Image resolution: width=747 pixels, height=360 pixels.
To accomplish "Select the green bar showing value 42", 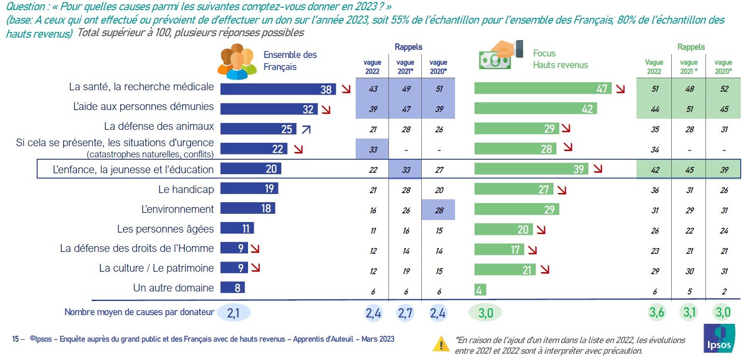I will click(x=535, y=109).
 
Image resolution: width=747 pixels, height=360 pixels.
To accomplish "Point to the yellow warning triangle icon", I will click(x=441, y=344).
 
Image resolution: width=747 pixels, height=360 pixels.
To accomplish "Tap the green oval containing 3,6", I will click(x=655, y=313).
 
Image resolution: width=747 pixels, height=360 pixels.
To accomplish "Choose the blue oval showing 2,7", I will click(x=406, y=313).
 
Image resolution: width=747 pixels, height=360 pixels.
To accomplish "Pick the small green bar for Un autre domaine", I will click(x=480, y=290).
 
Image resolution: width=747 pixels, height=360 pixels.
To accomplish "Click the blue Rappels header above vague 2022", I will click(x=408, y=47).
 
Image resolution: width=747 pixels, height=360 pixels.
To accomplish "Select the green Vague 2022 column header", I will click(x=654, y=66).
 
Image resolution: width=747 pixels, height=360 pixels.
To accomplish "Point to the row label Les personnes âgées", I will click(x=166, y=229).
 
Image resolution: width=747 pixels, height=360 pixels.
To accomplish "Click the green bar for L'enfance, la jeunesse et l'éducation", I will click(x=531, y=169).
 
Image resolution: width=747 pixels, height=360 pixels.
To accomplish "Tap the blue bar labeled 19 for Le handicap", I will click(x=249, y=189).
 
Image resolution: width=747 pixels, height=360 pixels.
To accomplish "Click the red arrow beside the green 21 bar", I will click(x=545, y=270).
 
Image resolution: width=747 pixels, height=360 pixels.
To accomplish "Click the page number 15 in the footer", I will click(x=15, y=339).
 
